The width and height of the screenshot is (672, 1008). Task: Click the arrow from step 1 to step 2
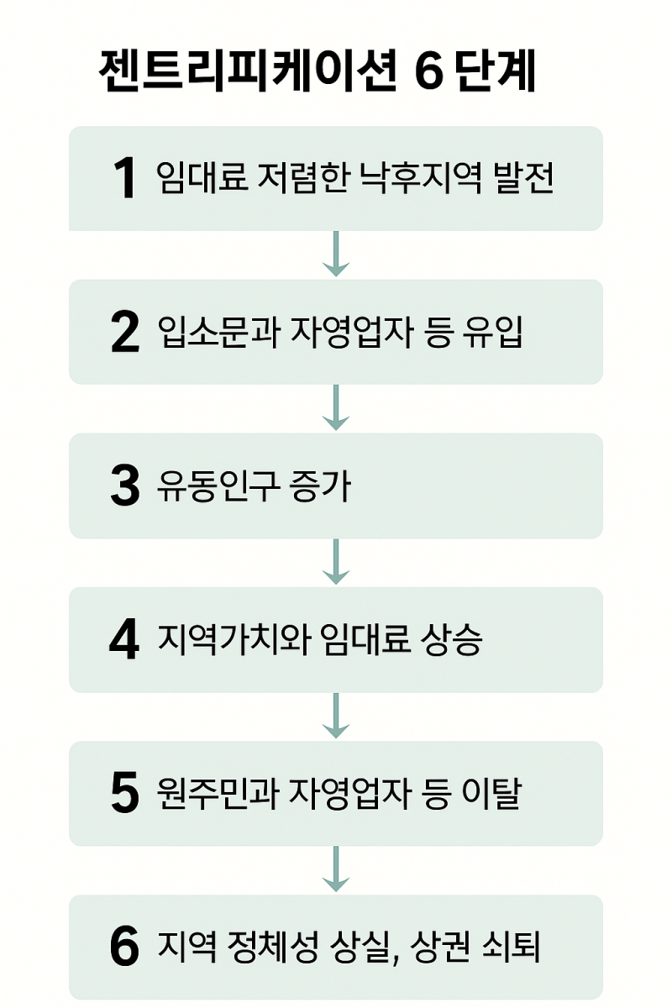(336, 254)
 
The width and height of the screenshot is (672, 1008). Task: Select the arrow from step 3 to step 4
(336, 562)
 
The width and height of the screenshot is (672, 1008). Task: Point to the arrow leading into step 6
(336, 869)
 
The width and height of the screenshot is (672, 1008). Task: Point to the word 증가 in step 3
(320, 486)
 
